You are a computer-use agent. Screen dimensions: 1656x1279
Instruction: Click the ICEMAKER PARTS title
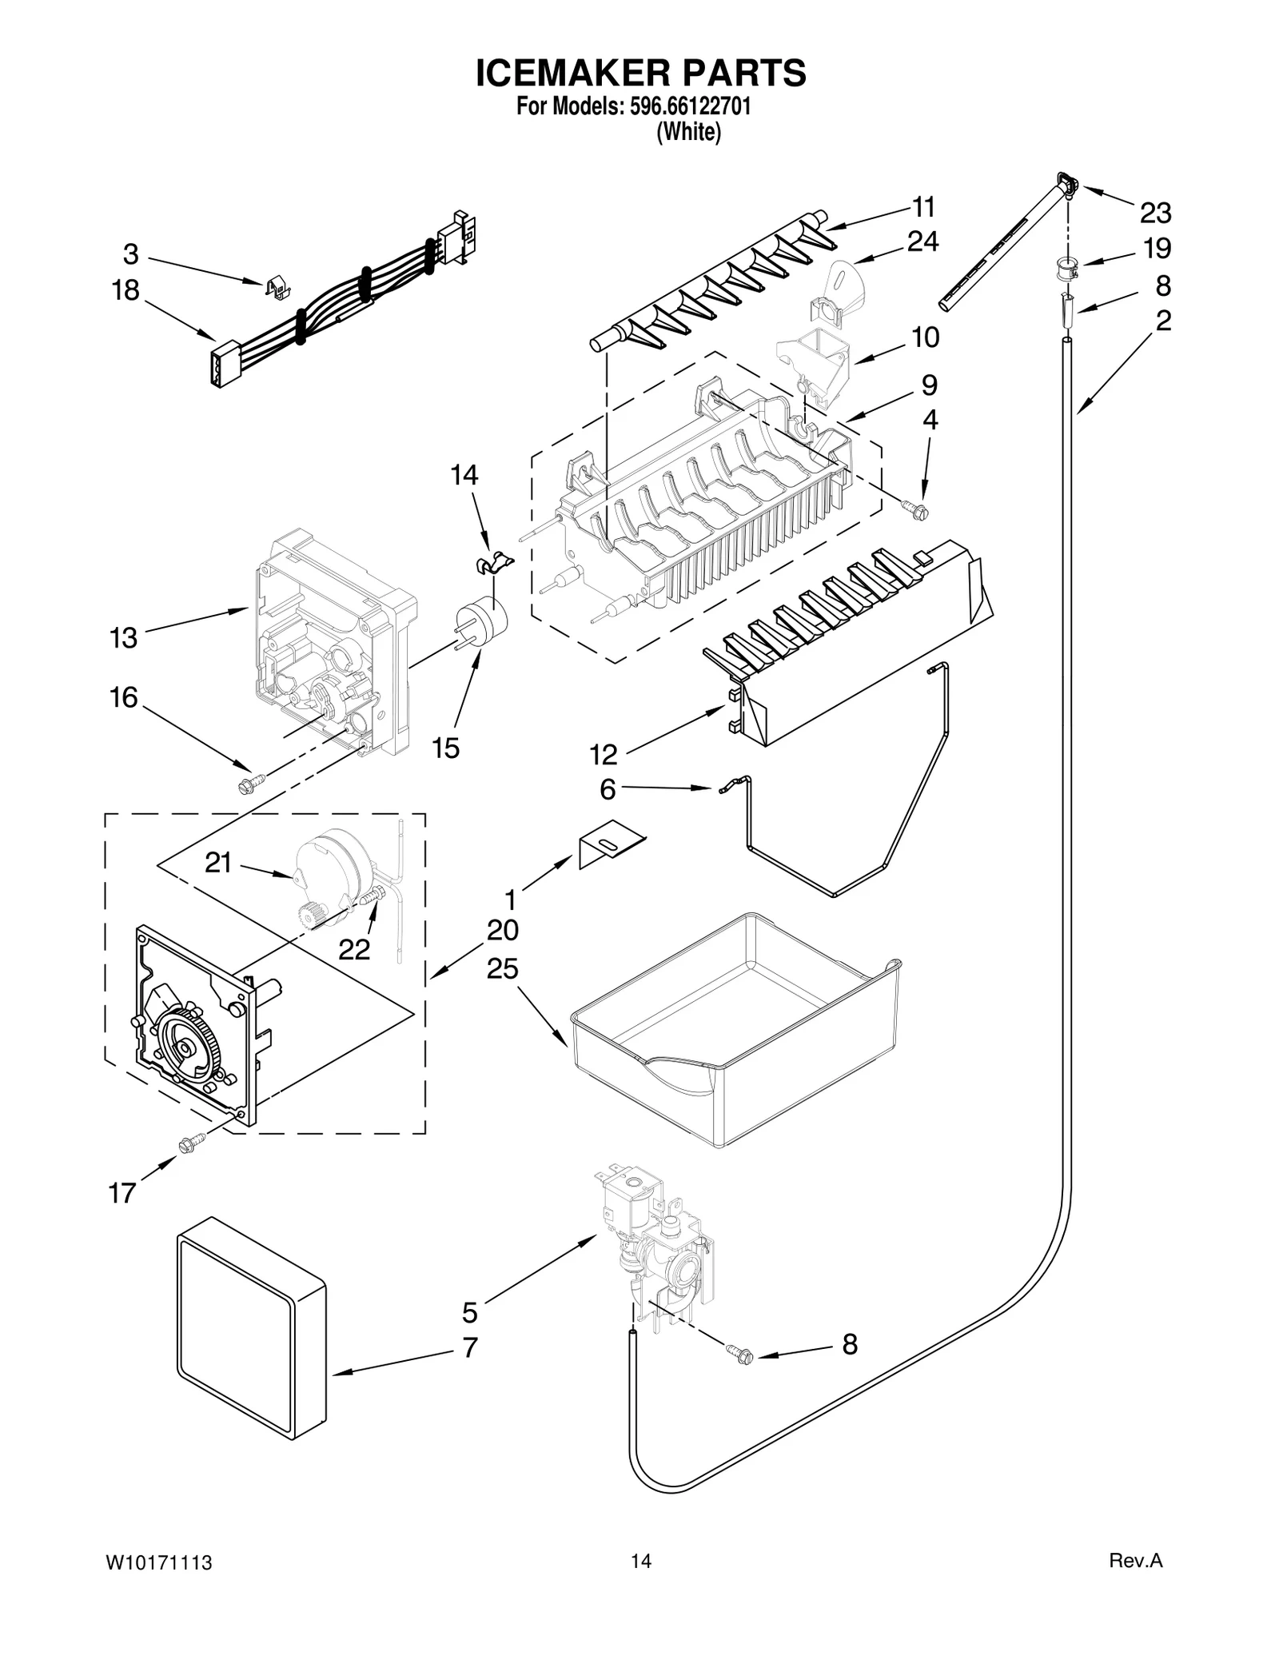tap(640, 73)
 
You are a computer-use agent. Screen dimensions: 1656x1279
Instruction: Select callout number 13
tap(124, 638)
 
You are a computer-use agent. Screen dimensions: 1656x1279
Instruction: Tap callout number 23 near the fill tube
tap(1155, 213)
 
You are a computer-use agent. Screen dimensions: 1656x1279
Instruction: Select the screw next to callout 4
tap(915, 509)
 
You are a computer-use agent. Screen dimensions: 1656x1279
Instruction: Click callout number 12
tap(604, 753)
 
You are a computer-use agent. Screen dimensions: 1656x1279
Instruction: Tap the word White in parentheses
tap(688, 132)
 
